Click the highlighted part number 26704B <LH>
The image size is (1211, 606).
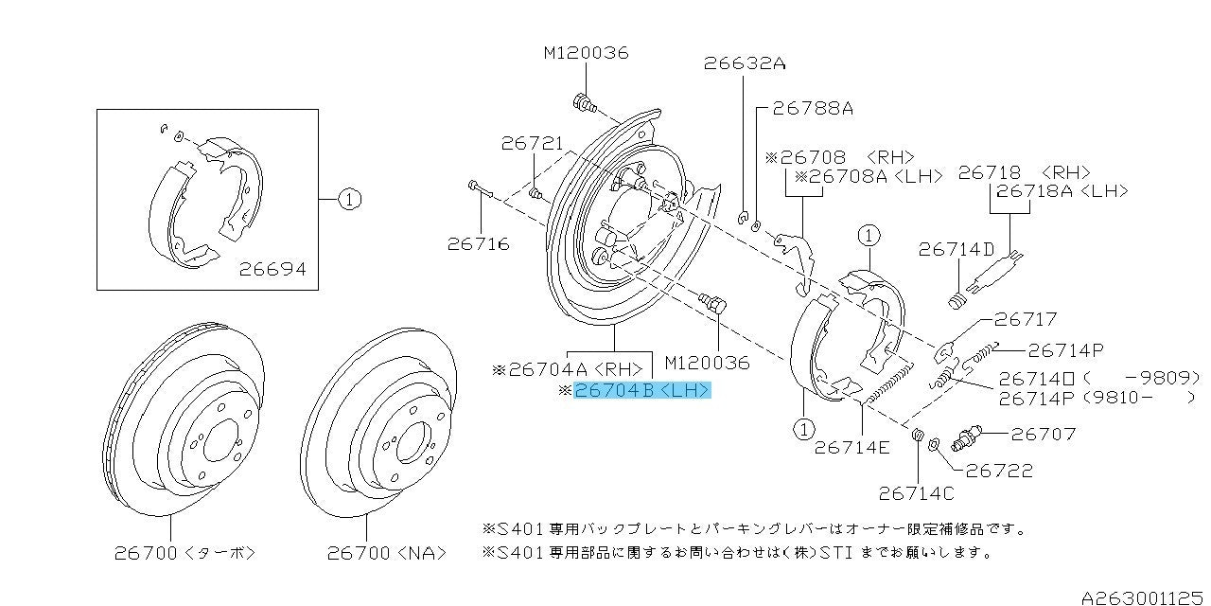[x=641, y=390]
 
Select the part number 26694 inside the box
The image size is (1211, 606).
[x=272, y=269]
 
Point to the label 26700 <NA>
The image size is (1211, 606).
[x=387, y=553]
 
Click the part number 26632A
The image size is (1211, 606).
[x=745, y=63]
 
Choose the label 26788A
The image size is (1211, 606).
[x=813, y=109]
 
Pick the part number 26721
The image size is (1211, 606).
[x=532, y=143]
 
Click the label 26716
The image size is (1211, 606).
[x=479, y=244]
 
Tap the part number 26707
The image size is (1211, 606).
[x=1044, y=434]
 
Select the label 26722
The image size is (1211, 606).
[x=999, y=471]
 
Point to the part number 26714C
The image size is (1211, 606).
[x=917, y=493]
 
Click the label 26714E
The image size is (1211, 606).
[x=851, y=448]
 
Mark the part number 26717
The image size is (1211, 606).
[x=1025, y=320]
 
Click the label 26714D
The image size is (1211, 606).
[x=957, y=249]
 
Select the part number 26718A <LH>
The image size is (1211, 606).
[x=1062, y=191]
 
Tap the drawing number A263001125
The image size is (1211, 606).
[x=1143, y=597]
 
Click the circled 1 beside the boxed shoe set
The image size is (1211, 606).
[x=349, y=200]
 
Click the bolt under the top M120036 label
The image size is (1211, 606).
[x=585, y=104]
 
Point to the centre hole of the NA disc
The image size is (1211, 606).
[x=414, y=442]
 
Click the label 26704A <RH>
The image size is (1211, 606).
[x=568, y=369]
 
